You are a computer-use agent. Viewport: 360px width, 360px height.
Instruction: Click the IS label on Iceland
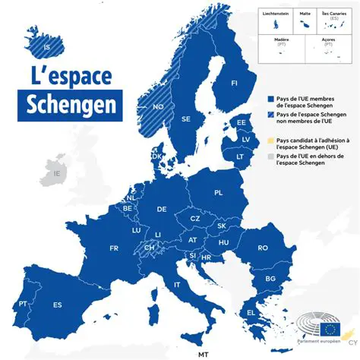click(49, 47)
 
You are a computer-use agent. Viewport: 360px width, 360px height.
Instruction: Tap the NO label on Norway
click(158, 107)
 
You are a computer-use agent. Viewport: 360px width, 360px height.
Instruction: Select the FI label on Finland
click(234, 83)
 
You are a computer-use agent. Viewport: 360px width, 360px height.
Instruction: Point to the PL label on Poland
click(219, 193)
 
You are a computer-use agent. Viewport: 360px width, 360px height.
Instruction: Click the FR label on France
click(114, 248)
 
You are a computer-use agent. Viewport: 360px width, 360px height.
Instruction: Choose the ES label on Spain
click(57, 305)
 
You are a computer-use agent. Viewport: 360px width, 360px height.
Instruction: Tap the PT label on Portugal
click(23, 304)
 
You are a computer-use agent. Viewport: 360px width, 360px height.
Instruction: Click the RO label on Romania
click(263, 248)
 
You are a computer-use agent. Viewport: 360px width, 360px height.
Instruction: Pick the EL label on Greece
click(251, 312)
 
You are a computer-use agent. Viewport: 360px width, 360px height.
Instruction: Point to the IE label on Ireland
click(55, 174)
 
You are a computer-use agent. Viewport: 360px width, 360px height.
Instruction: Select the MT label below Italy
click(203, 355)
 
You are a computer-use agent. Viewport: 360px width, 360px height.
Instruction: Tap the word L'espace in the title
click(71, 76)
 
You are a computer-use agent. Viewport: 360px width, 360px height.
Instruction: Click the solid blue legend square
click(270, 99)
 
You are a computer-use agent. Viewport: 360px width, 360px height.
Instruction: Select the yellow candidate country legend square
click(270, 141)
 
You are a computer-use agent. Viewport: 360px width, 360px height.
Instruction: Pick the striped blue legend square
click(270, 115)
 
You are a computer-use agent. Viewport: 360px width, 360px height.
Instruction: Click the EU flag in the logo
click(330, 329)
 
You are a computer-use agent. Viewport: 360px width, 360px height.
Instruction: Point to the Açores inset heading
click(328, 41)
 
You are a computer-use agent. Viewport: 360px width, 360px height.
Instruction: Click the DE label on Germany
click(162, 209)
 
